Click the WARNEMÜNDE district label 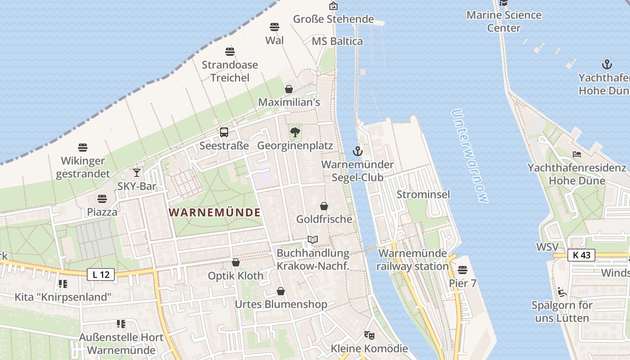215,212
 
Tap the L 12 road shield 101,274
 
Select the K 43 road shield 581,255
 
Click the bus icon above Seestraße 224,132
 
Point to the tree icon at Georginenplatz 295,132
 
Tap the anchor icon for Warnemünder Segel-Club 358,151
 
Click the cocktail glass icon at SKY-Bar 137,172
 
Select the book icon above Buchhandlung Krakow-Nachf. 313,240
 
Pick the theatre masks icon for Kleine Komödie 369,335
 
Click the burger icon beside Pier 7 462,270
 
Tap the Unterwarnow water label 470,156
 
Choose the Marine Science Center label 504,21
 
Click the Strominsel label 423,194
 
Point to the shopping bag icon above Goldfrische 324,206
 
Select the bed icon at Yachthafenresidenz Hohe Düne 577,154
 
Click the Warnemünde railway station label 413,260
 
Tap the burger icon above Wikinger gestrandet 82,147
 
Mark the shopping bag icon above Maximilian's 289,89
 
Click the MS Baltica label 337,41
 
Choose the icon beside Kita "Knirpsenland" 63,283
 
